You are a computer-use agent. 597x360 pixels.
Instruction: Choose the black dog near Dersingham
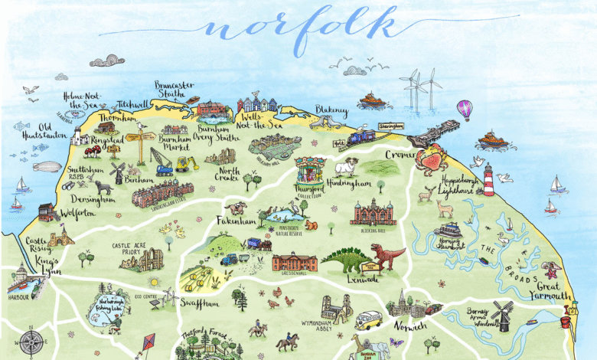(x=103, y=188)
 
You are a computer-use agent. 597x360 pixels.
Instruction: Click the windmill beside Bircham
(x=118, y=172)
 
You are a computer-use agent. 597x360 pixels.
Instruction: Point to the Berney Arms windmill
(x=502, y=314)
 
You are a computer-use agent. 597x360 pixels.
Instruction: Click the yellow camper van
(x=369, y=319)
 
